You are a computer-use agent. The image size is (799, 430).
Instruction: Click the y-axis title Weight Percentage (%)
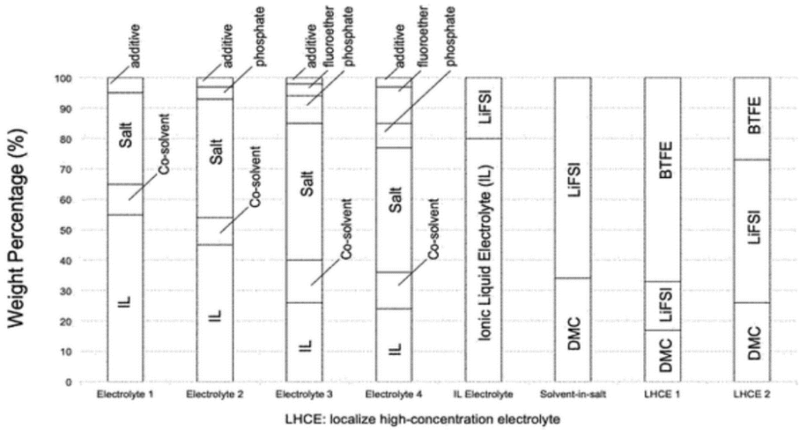coord(16,229)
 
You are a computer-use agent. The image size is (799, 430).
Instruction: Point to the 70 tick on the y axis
coord(66,169)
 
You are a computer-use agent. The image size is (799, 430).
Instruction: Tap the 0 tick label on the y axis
coord(69,382)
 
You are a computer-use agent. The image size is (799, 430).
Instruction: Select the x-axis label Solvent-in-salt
coord(573,394)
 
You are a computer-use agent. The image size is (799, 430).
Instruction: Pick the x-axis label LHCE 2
coord(751,394)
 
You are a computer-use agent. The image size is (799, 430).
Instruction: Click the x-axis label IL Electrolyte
coord(484,394)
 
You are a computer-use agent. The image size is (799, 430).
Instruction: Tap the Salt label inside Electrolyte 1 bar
coord(126,135)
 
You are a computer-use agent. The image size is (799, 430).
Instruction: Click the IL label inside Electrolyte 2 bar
coord(215,315)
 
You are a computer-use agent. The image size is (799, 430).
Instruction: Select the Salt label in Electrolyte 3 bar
coord(306,183)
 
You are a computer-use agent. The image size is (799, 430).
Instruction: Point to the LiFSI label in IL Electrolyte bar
coord(485,107)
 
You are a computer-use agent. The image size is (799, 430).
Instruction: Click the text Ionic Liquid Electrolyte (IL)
coord(485,253)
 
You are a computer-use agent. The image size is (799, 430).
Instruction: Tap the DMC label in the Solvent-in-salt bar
coord(574,334)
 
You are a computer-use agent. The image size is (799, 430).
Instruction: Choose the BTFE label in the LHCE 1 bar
coord(666,160)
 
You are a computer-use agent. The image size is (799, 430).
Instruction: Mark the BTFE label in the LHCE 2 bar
coord(755,115)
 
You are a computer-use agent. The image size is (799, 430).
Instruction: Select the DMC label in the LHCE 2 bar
coord(755,343)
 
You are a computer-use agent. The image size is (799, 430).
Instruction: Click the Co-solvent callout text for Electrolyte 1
coord(164,144)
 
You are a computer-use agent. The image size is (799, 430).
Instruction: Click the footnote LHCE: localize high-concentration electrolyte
coord(423,419)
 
